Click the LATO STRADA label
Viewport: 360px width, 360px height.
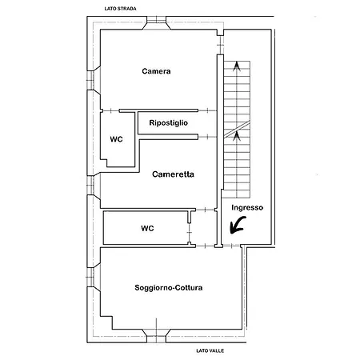(120, 9)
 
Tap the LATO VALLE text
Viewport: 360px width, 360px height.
(210, 350)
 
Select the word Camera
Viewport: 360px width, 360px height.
(156, 71)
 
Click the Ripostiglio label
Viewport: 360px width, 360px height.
(169, 123)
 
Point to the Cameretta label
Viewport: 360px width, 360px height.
(173, 174)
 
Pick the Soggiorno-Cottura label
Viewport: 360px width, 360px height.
(169, 288)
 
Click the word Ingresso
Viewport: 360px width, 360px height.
(247, 207)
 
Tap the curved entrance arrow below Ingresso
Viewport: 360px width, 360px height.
(238, 226)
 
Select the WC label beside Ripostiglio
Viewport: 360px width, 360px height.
(116, 139)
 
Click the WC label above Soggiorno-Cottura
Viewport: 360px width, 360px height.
(147, 228)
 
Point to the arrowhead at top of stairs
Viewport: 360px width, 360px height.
(237, 66)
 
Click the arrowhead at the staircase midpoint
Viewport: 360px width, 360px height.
(237, 137)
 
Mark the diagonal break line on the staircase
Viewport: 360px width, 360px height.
(237, 130)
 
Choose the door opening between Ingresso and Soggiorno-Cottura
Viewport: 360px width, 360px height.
(231, 246)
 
